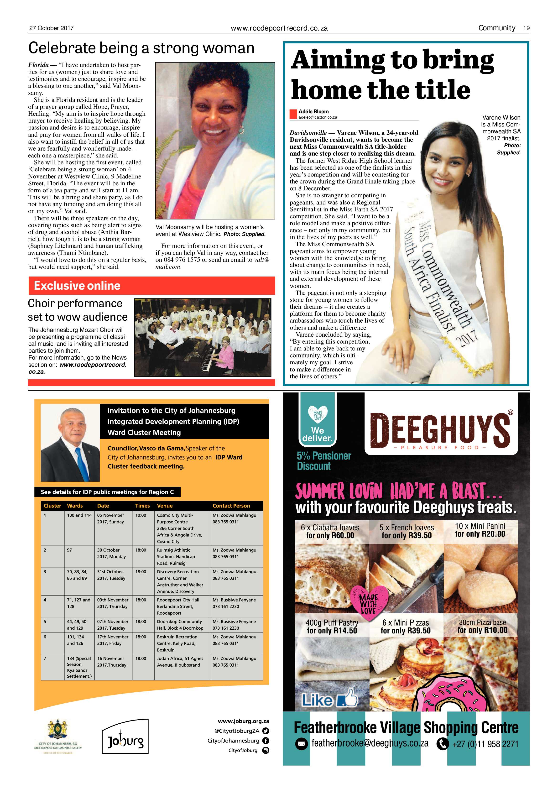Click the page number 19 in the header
pyautogui.click(x=526, y=28)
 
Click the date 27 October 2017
pyautogui.click(x=52, y=28)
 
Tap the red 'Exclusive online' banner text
pyautogui.click(x=77, y=286)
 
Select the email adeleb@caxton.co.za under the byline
pyautogui.click(x=318, y=117)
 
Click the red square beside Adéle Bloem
pyautogui.click(x=293, y=114)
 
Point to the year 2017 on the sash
pyautogui.click(x=467, y=340)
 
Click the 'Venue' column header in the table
pyautogui.click(x=165, y=506)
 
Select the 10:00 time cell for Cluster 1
pyautogui.click(x=141, y=515)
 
